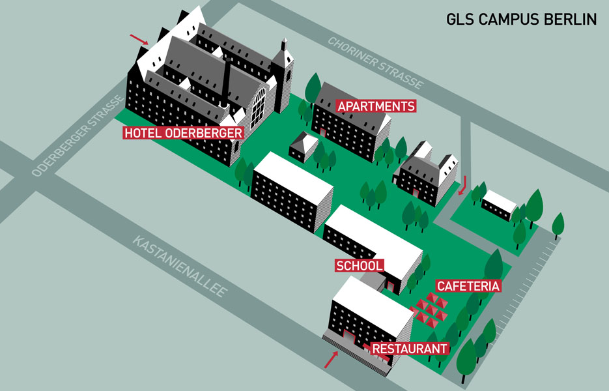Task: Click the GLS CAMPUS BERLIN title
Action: point(521,19)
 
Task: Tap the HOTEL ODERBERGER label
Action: point(183,133)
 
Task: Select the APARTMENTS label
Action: point(376,106)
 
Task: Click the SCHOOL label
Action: point(360,266)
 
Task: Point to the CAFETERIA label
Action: point(468,286)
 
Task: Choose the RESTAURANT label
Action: point(410,349)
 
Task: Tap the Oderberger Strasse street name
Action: point(78,136)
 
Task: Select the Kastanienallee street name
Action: point(180,267)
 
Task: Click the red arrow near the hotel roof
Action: point(139,39)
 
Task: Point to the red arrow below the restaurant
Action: point(332,360)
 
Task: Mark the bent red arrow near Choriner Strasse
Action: point(463,186)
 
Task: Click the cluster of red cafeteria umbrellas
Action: point(429,310)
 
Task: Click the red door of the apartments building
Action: point(323,132)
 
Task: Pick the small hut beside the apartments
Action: point(304,147)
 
